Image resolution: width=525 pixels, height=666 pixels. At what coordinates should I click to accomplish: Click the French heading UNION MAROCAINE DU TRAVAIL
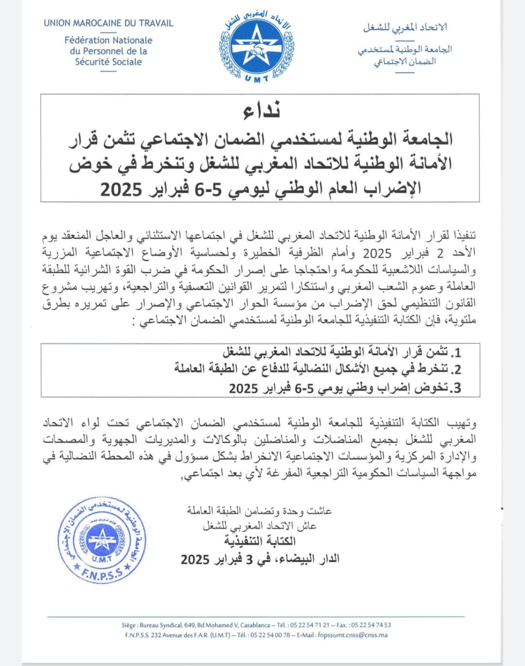[x=109, y=23]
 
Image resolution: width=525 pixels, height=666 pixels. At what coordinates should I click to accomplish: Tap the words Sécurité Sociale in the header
[x=108, y=61]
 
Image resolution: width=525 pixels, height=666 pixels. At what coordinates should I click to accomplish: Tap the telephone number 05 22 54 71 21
[x=310, y=625]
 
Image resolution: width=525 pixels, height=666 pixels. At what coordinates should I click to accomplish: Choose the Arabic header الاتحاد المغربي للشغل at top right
[x=405, y=27]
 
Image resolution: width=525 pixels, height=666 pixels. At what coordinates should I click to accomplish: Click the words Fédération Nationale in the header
[x=108, y=40]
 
